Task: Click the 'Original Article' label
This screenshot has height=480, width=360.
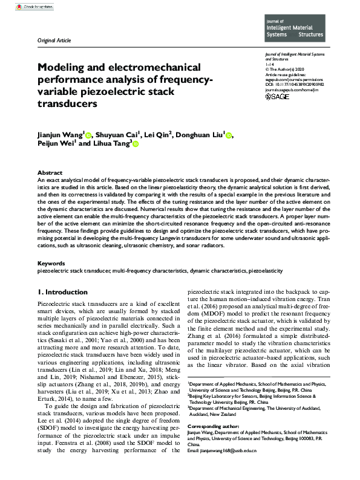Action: (x=54, y=41)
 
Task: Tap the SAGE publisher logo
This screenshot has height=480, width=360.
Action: (x=278, y=97)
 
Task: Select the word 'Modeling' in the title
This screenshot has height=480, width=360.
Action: (x=63, y=68)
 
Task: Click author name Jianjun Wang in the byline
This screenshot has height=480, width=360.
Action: (x=60, y=134)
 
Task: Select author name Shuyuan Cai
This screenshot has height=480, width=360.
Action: (x=117, y=134)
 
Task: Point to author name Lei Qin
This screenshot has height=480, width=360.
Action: (x=160, y=134)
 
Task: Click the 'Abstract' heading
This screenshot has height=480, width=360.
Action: (x=50, y=172)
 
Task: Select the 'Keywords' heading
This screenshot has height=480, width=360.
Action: (x=51, y=264)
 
